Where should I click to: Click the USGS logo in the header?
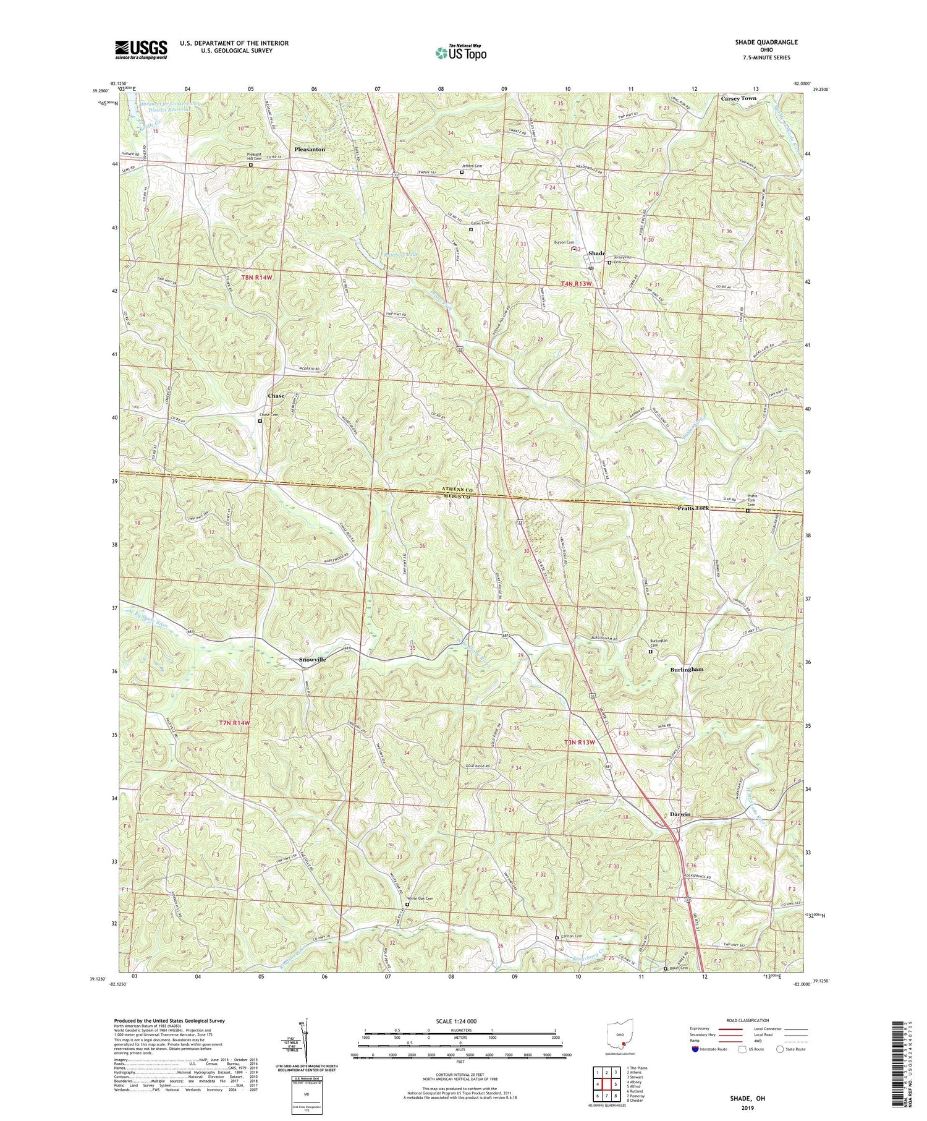click(x=141, y=49)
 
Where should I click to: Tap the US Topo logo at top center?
click(x=460, y=53)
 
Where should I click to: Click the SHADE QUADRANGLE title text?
click(x=763, y=42)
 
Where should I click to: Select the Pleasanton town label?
click(x=310, y=150)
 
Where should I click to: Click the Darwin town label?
click(x=680, y=814)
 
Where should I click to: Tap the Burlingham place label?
click(x=687, y=670)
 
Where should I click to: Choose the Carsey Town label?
click(x=739, y=98)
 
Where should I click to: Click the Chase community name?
click(x=276, y=396)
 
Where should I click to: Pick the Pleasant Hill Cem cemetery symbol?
click(x=251, y=165)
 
